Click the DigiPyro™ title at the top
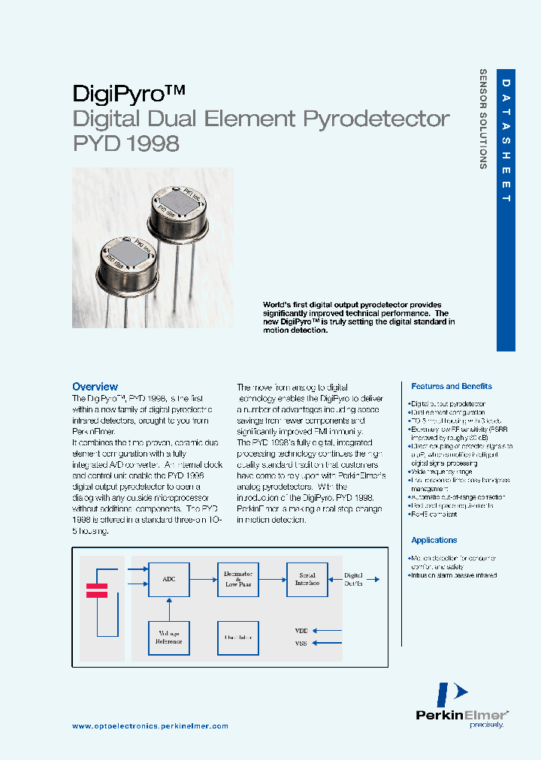(128, 93)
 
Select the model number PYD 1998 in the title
(126, 143)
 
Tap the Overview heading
(95, 387)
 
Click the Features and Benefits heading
(452, 386)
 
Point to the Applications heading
(434, 540)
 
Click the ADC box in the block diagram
(168, 579)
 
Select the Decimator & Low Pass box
(238, 579)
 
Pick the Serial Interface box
(307, 579)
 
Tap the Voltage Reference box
(168, 638)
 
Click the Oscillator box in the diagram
(238, 638)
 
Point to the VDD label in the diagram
(301, 631)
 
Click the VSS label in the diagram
(301, 643)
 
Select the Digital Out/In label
(354, 579)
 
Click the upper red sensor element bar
(97, 586)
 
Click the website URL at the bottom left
(150, 726)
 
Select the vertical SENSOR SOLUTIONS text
(483, 119)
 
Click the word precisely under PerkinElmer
(486, 725)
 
